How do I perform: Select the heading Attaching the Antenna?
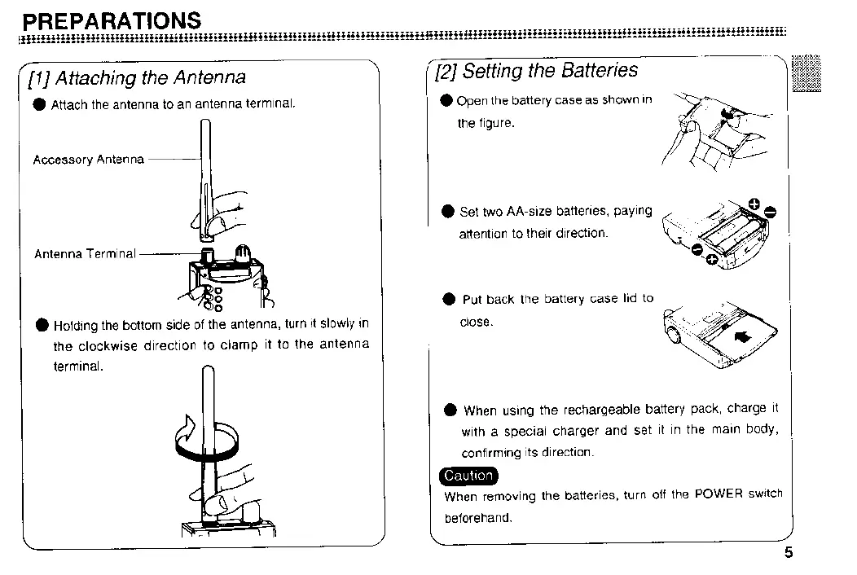[x=151, y=77]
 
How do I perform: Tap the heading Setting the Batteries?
[x=550, y=71]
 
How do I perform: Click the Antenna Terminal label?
[x=85, y=253]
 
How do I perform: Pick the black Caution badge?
[x=468, y=476]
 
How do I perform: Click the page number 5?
[x=788, y=553]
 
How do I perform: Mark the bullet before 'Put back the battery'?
[x=448, y=299]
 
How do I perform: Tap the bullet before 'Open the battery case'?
[x=446, y=101]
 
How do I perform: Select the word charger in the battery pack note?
[x=577, y=432]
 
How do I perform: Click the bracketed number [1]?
[x=37, y=78]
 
